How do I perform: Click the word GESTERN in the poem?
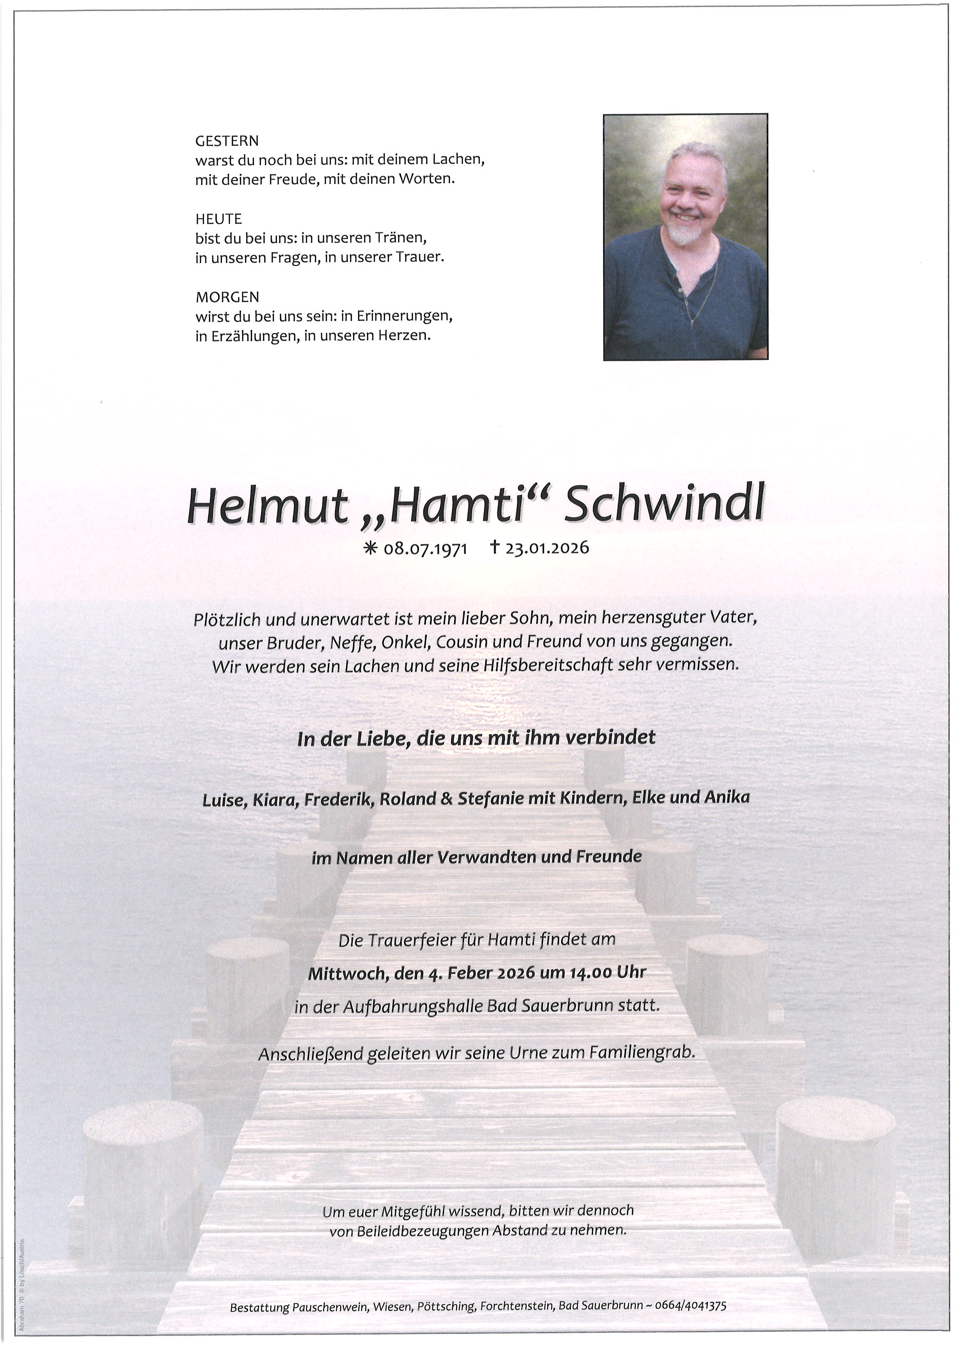click(x=227, y=141)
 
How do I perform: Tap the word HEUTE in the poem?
click(x=218, y=219)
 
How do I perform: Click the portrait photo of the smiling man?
click(x=685, y=237)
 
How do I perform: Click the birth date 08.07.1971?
click(x=425, y=549)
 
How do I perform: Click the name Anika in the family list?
click(x=729, y=797)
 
